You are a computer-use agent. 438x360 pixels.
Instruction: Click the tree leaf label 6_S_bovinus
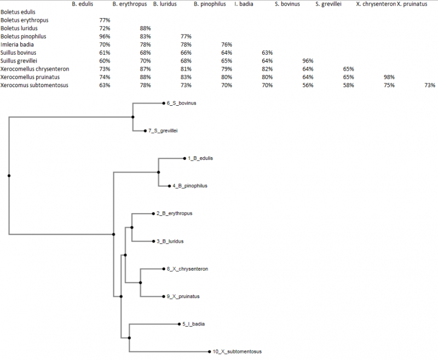coord(182,103)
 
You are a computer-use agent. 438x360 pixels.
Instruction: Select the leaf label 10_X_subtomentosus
coord(237,352)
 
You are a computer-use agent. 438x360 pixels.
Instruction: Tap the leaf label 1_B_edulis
coord(200,158)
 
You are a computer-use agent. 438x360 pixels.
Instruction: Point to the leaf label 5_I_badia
coord(194,324)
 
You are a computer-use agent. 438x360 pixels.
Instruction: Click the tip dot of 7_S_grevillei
coord(145,131)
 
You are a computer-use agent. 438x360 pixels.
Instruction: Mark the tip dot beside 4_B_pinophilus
coord(169,186)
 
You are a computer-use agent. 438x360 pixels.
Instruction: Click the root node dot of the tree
coord(9,175)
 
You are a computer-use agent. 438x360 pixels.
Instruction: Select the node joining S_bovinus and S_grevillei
coord(132,117)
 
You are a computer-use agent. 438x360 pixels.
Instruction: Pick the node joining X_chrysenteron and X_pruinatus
coord(140,283)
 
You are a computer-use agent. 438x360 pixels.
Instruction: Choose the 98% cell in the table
coord(389,77)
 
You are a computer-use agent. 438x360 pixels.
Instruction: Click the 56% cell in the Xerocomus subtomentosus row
coord(308,85)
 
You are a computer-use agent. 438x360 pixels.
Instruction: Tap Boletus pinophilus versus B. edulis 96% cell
coord(105,36)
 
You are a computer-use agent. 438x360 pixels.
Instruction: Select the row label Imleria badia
coord(17,44)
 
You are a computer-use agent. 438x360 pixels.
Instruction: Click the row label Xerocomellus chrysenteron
coord(34,69)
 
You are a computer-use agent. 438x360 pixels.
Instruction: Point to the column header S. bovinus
coord(287,4)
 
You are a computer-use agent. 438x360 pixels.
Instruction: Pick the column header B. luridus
coord(165,4)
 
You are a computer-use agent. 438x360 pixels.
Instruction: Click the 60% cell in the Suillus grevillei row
coord(105,61)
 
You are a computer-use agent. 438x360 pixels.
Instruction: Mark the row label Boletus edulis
coord(18,12)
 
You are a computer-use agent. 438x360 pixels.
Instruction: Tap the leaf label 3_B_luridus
coord(170,241)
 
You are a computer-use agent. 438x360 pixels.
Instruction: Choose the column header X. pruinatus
coord(412,4)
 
